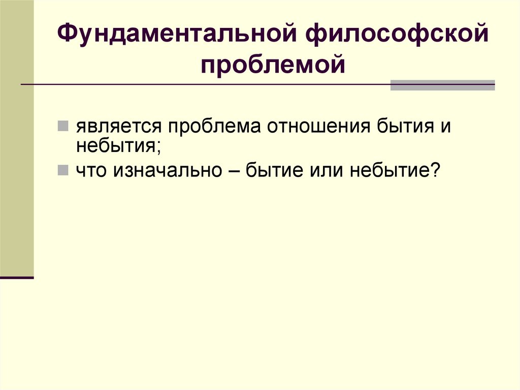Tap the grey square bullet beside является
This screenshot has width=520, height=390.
click(x=63, y=127)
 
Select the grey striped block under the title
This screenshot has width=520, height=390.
click(x=442, y=85)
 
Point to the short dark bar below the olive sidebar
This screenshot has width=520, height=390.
click(x=17, y=278)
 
